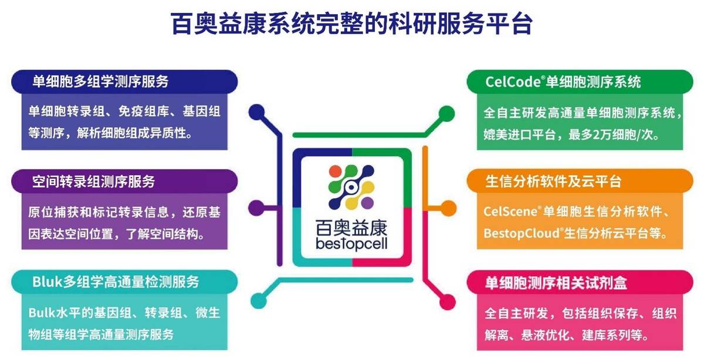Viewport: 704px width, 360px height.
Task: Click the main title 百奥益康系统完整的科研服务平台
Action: (351, 23)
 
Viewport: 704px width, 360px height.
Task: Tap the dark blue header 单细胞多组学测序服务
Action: (100, 81)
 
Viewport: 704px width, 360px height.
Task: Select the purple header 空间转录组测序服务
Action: (94, 181)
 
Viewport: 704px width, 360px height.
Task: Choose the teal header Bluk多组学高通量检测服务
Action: (116, 282)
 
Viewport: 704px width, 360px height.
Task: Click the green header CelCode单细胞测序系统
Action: (563, 81)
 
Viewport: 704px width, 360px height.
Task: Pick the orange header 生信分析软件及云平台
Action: (553, 181)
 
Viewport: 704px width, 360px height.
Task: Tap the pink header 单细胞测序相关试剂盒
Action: (556, 283)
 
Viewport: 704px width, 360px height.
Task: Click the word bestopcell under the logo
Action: (351, 244)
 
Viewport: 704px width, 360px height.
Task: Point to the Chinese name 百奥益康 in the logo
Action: (351, 227)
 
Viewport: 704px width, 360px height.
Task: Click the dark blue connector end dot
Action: (257, 112)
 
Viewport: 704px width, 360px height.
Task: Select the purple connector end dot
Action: (256, 208)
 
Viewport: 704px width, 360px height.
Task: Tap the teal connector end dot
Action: (259, 301)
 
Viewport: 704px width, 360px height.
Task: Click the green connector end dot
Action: (446, 113)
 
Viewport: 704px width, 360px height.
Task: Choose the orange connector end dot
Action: (448, 208)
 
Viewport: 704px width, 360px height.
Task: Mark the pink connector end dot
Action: (448, 302)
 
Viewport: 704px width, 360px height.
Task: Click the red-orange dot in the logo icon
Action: (335, 171)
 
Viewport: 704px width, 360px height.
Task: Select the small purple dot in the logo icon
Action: (367, 203)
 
